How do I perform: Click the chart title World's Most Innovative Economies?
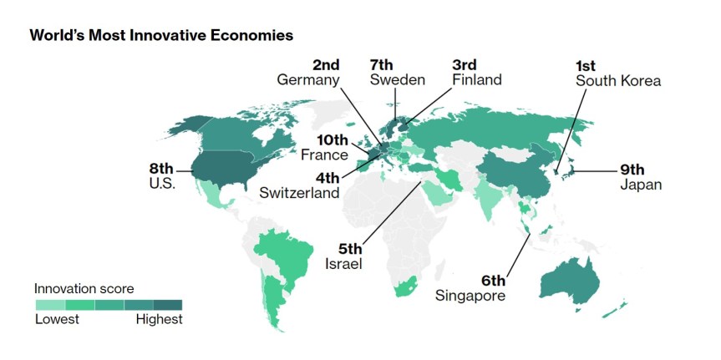(x=161, y=36)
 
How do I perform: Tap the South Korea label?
(x=618, y=81)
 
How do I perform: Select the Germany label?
(x=308, y=79)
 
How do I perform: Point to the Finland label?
(x=476, y=80)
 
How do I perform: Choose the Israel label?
(x=343, y=264)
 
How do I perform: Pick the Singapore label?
(x=471, y=295)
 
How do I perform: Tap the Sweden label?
(x=398, y=79)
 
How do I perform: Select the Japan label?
(x=640, y=184)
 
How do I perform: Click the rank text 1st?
(x=589, y=65)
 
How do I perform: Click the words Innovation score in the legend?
(x=84, y=288)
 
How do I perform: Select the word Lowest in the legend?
(x=57, y=320)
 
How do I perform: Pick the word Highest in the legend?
(x=159, y=320)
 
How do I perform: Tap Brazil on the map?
(x=284, y=251)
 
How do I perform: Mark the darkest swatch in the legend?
(x=167, y=304)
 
